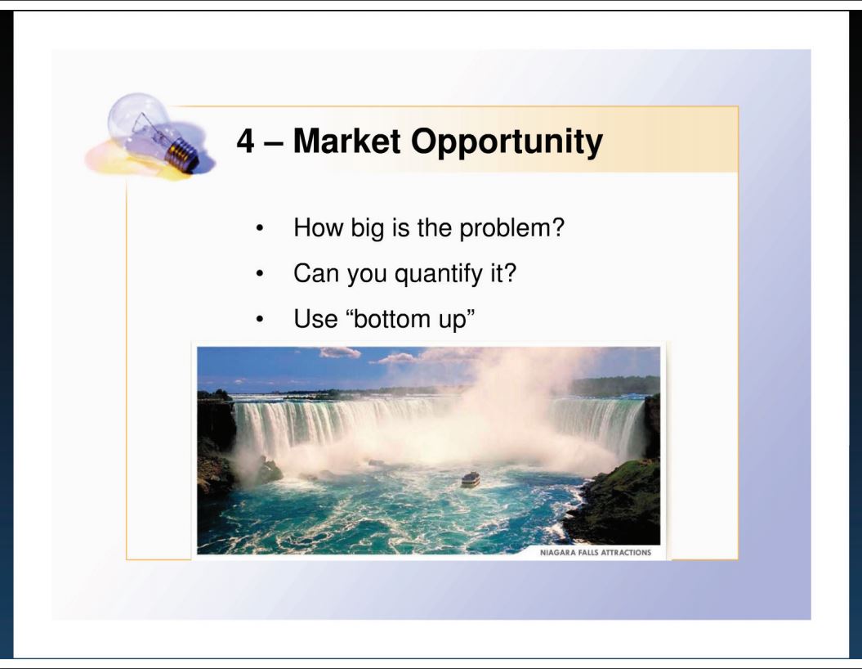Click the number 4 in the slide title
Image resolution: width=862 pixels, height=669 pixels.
click(246, 141)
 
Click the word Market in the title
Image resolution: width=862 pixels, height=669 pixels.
click(347, 141)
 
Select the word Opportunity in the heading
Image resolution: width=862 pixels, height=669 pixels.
click(507, 143)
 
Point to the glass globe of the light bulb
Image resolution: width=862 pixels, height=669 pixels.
click(139, 121)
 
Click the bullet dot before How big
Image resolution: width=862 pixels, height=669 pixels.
click(260, 228)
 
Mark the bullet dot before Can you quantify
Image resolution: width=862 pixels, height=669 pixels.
click(260, 273)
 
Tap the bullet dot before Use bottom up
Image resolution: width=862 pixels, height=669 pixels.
click(260, 319)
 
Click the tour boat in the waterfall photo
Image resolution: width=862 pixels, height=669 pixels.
click(470, 479)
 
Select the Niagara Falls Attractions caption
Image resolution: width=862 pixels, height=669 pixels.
click(596, 552)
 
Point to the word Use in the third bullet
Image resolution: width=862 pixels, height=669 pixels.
click(315, 318)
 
